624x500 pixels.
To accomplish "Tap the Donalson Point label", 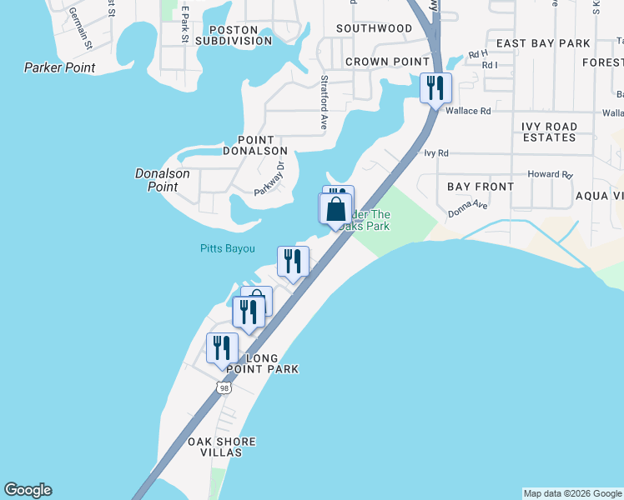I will click(x=163, y=180).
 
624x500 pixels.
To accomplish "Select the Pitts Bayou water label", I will click(x=227, y=248).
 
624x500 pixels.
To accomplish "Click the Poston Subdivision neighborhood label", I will click(x=234, y=34).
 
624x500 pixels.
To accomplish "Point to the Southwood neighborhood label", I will click(x=374, y=28).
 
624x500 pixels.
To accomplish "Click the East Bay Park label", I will click(x=543, y=43).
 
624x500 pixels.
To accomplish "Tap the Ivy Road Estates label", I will click(x=549, y=132).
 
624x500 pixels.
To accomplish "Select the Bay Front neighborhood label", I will click(x=481, y=187).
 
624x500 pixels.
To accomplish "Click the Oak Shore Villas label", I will click(x=221, y=447).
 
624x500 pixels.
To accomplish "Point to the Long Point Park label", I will click(x=261, y=363).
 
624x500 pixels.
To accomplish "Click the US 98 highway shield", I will click(x=223, y=387).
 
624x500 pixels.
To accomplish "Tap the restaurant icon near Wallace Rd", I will click(x=435, y=87).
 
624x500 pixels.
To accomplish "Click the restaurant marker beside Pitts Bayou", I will click(x=293, y=261).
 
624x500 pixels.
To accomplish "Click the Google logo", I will click(x=28, y=490).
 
